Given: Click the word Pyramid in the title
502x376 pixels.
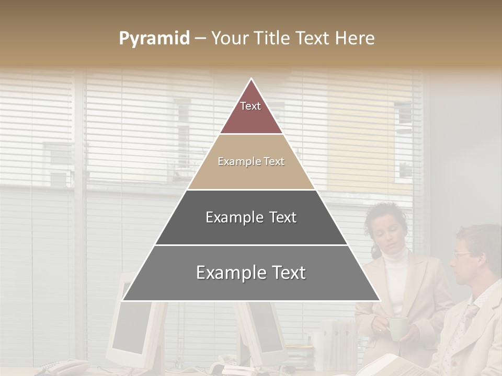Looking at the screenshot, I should point(154,39).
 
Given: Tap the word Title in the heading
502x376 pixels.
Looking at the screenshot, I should point(273,39).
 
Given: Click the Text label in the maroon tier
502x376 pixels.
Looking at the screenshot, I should point(250,106).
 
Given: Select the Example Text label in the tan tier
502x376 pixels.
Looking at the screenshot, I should point(251,162).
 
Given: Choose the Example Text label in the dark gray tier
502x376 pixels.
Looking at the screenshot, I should point(251,217).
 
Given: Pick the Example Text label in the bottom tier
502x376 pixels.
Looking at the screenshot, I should point(251,273).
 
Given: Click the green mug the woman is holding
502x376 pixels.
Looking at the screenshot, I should point(398,327).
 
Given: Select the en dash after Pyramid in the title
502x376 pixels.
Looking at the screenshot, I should point(200,39).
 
